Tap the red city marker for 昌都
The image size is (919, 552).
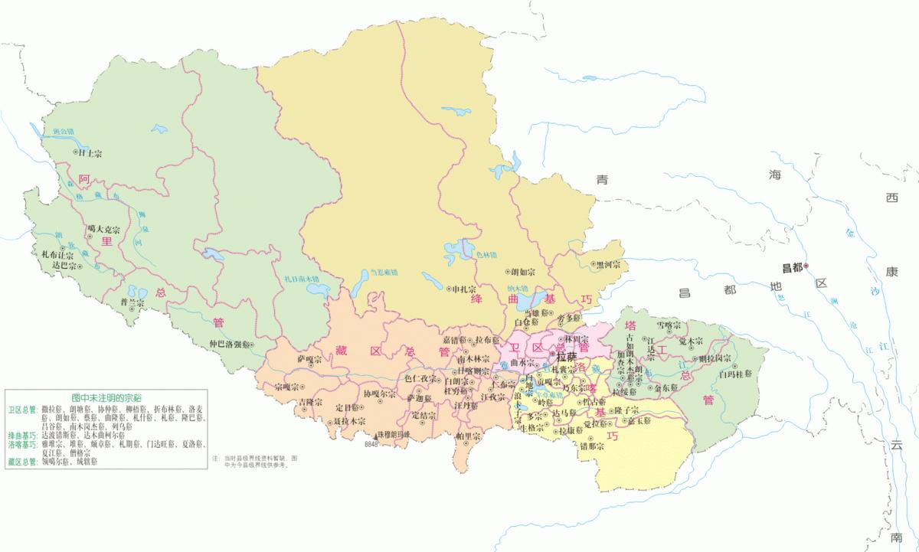point(806,266)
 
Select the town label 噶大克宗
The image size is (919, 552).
point(104,228)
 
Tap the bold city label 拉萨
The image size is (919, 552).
point(566,357)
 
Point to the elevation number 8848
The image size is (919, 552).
point(371,443)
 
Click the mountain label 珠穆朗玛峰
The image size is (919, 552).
point(394,434)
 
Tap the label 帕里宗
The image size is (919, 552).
point(469,436)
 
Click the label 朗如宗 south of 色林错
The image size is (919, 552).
point(524,271)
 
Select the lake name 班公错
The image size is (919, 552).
point(64,132)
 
